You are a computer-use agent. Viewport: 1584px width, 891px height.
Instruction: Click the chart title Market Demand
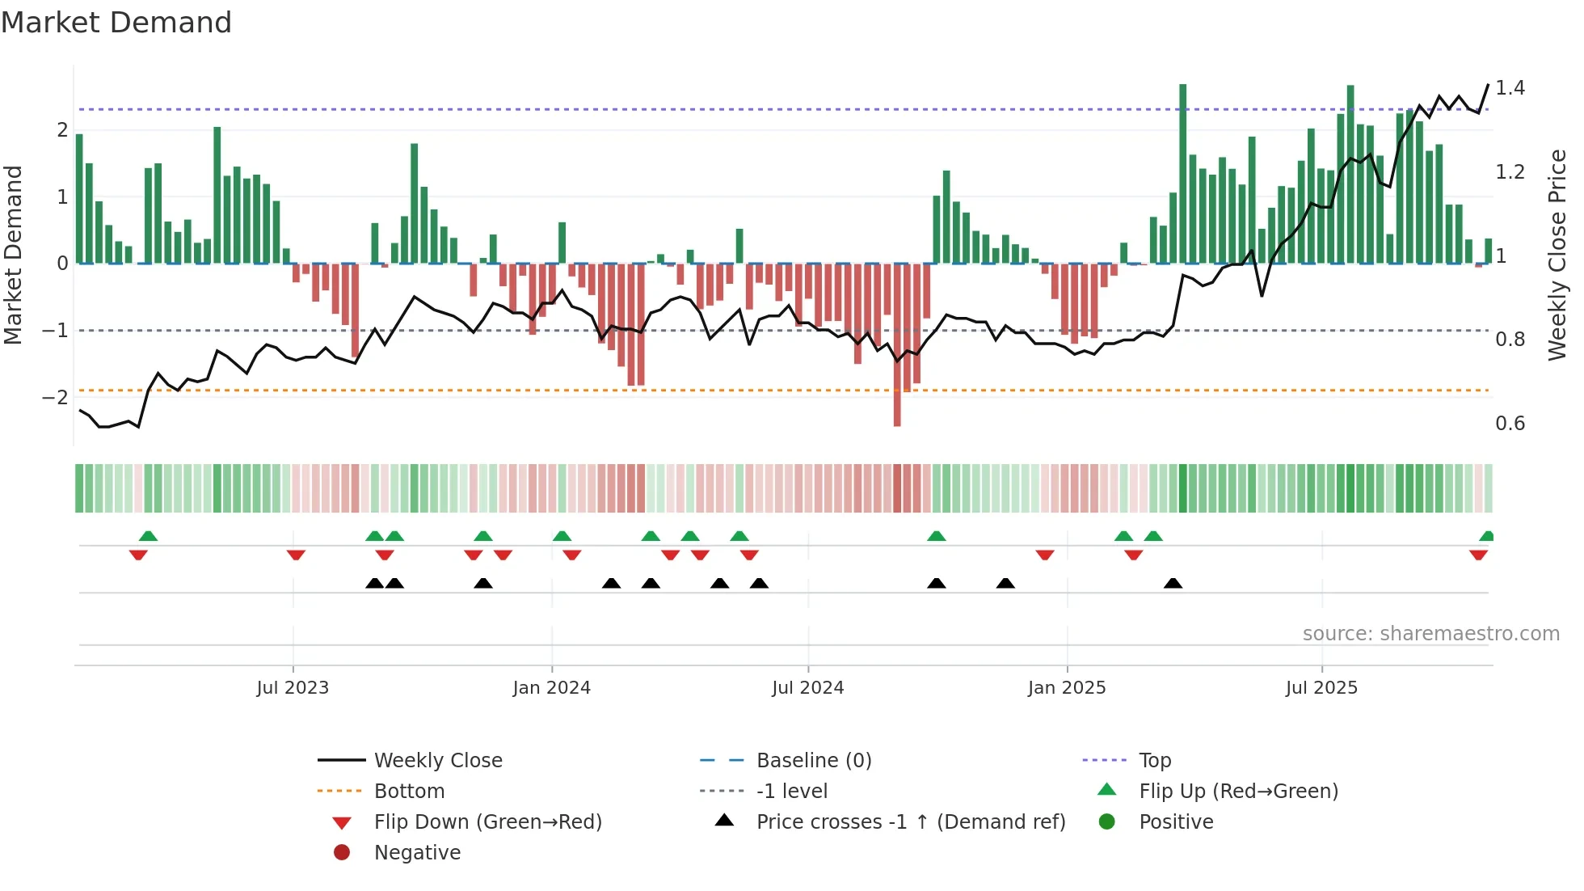coord(116,23)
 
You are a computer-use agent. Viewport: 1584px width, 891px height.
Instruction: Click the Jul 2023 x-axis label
coord(293,688)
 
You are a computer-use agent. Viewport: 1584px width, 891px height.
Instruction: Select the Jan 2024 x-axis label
coord(551,688)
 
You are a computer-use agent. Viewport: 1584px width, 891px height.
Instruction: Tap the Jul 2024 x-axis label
coord(807,688)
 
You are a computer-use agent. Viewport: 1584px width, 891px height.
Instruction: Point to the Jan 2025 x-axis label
coord(1066,688)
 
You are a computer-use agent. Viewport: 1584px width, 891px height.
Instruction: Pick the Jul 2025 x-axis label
coord(1321,688)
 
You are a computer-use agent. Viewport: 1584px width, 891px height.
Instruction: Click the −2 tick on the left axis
coord(55,397)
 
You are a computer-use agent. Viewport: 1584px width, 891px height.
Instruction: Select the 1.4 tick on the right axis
coord(1510,87)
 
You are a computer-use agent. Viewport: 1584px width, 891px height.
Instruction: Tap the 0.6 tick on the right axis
coord(1510,424)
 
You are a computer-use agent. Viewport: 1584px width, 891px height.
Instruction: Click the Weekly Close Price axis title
coord(1557,255)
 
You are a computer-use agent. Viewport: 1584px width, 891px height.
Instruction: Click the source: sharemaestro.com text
coord(1430,634)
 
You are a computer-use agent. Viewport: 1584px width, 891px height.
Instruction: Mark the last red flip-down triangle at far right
coord(1478,555)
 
